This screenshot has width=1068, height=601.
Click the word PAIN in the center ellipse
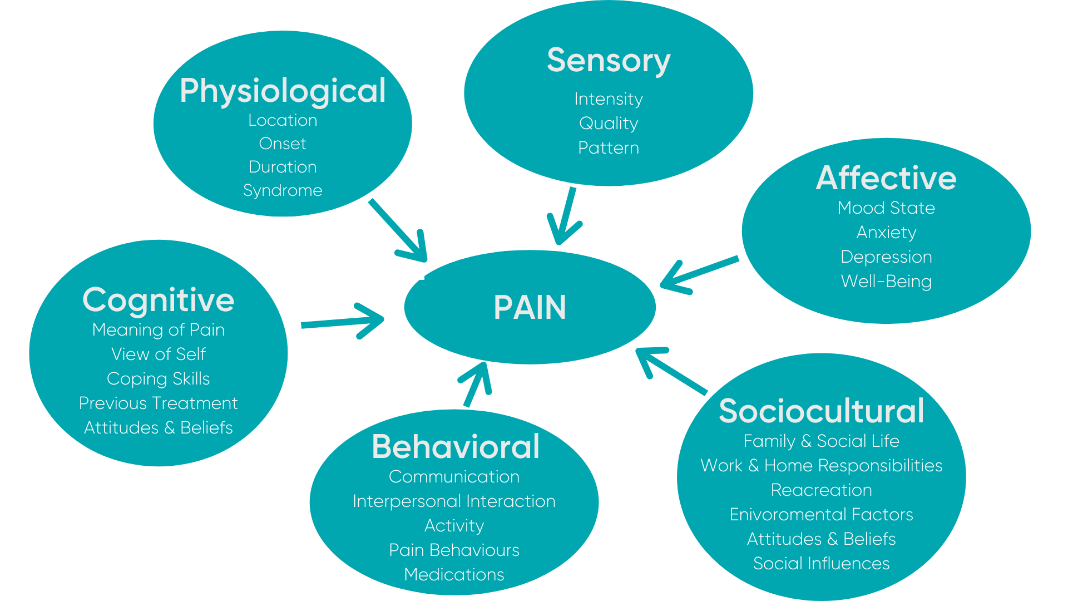[x=530, y=307]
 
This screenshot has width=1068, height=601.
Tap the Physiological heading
[x=283, y=91]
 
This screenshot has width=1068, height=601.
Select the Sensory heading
[x=609, y=60]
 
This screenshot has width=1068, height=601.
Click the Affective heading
[x=886, y=178]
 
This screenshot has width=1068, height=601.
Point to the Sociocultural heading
[x=821, y=411]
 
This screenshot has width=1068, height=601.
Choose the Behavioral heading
[x=455, y=446]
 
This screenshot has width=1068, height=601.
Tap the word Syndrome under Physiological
[x=283, y=190]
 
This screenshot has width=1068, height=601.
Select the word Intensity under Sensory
[x=609, y=99]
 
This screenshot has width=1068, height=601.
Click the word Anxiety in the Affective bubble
[x=886, y=232]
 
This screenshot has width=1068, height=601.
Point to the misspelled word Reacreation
[x=821, y=490]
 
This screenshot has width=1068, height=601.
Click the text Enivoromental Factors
[x=821, y=514]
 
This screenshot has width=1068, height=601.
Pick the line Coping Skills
[x=158, y=378]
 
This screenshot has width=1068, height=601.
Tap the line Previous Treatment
[x=158, y=403]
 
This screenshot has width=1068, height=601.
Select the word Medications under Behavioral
[x=454, y=574]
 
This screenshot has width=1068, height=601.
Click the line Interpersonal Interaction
[x=454, y=501]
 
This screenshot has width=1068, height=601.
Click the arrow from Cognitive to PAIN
[x=342, y=322]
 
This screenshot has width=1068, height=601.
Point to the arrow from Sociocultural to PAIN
[x=670, y=371]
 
